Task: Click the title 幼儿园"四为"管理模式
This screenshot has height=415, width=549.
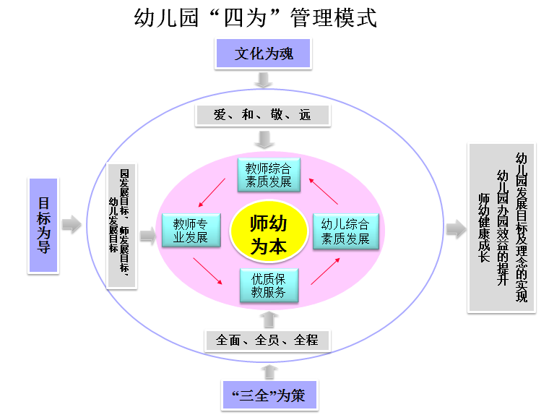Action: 256,17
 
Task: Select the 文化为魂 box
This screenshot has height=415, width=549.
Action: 263,54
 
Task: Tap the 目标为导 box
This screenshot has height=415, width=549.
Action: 43,225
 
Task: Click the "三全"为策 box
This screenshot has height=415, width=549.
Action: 270,395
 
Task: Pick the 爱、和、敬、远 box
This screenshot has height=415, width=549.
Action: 262,114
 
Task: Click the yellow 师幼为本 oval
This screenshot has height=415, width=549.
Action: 268,233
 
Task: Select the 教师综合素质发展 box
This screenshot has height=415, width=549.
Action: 268,174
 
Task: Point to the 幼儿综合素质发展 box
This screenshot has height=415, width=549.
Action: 345,231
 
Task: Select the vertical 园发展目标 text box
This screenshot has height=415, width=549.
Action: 121,226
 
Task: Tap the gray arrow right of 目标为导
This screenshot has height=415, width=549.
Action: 72,225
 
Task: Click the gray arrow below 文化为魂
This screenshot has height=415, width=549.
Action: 264,79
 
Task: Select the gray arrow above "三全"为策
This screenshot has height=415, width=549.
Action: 269,371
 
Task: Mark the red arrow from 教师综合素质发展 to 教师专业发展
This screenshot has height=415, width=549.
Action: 211,193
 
